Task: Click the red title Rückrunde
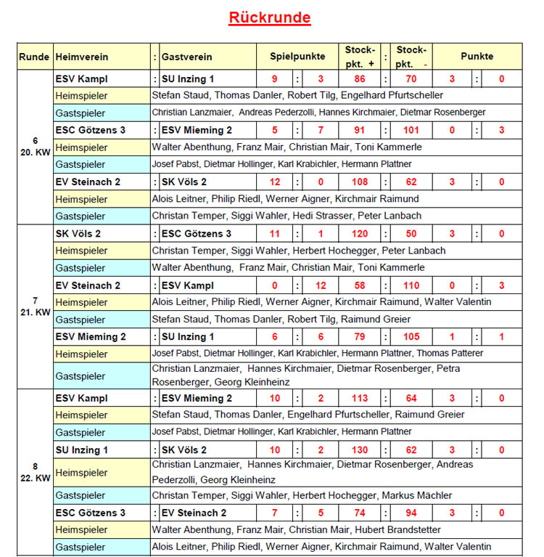(270, 17)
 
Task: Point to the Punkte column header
(477, 57)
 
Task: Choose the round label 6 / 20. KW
(35, 146)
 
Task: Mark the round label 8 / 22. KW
(35, 473)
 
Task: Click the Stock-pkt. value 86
(359, 78)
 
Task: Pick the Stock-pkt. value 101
(411, 131)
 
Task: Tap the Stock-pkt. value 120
(359, 234)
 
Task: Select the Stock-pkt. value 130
(359, 450)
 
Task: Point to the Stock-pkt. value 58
(359, 285)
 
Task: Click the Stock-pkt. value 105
(411, 337)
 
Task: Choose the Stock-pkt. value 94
(411, 513)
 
